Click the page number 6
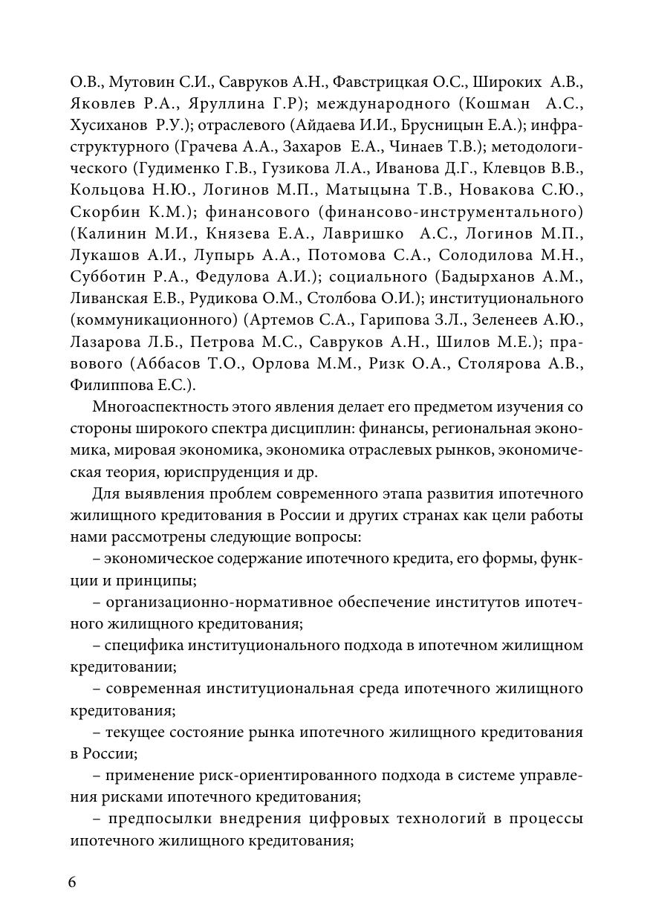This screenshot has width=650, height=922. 72,882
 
